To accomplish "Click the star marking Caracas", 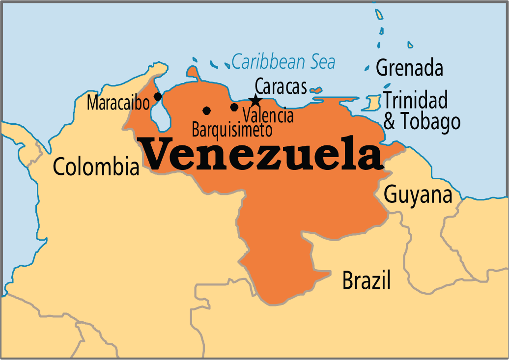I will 255,101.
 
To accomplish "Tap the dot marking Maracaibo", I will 158,96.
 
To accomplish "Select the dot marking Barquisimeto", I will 206,110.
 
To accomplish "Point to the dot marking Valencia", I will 234,107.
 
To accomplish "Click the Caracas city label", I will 281,87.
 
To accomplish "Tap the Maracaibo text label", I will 118,103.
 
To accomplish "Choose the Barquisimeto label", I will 231,130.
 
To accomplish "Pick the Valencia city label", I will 269,116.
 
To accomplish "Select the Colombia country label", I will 96,166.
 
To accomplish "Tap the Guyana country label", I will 418,194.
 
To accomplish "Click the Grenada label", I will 409,68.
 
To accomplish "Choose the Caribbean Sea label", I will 283,62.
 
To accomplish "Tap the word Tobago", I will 429,122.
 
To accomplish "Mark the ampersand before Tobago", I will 389,122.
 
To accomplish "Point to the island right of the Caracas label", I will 316,90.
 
